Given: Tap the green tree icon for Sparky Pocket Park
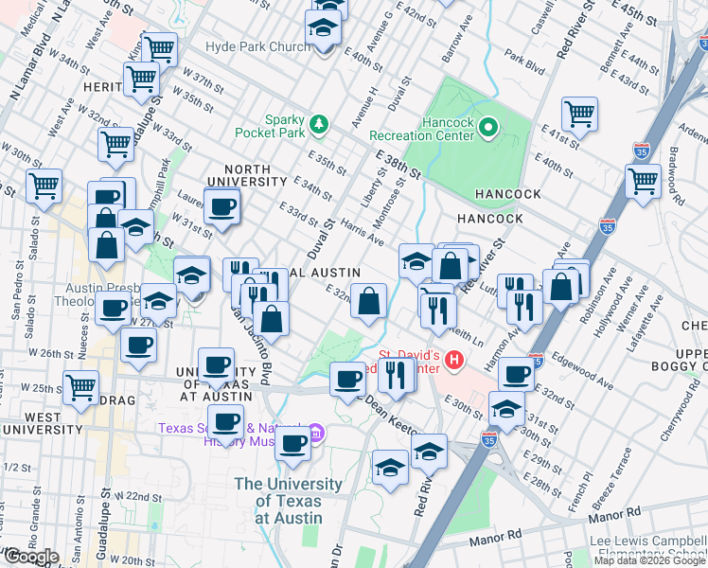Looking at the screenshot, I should tap(319, 123).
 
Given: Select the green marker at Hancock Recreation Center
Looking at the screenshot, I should tap(488, 126).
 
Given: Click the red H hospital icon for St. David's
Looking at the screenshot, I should tap(455, 360).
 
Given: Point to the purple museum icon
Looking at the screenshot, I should tap(318, 435).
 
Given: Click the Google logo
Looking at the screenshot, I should tap(31, 557).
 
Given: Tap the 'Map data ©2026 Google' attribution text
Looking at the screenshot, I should tap(649, 560).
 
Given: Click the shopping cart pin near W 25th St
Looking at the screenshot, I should tap(81, 386).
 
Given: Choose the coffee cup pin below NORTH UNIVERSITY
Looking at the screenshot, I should tap(222, 207).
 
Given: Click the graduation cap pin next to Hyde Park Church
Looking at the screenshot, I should tap(323, 27).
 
